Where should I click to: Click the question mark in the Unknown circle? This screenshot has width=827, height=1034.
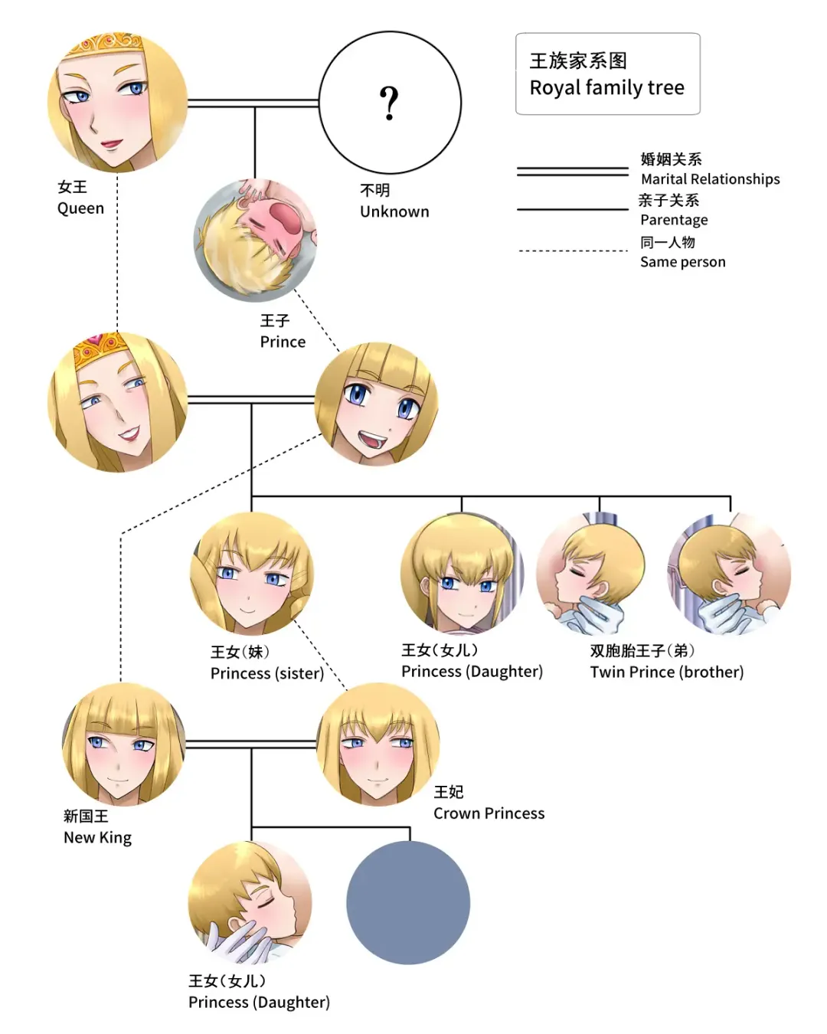click(389, 103)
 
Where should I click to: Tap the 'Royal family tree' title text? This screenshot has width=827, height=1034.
click(606, 88)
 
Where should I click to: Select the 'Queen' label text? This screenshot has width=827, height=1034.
click(80, 208)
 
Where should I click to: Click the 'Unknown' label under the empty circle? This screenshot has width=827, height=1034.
click(394, 211)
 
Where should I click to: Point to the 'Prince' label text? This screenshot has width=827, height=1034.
click(283, 342)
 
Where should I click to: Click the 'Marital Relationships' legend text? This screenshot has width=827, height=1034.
click(710, 179)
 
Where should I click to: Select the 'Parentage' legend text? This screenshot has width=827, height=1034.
click(674, 220)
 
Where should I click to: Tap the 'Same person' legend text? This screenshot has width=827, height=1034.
click(682, 262)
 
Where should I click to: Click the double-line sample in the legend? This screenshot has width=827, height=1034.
click(572, 172)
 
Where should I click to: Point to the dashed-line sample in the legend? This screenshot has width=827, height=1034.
click(572, 250)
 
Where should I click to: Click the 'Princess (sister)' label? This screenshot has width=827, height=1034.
click(266, 673)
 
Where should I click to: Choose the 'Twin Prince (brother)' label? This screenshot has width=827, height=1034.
click(666, 672)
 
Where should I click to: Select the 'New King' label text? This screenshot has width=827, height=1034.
click(97, 837)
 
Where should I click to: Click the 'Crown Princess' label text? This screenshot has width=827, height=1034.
click(489, 813)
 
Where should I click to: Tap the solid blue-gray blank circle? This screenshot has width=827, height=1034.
click(407, 902)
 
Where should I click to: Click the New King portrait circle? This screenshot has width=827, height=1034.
click(123, 744)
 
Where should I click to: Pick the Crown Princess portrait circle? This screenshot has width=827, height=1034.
click(378, 744)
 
